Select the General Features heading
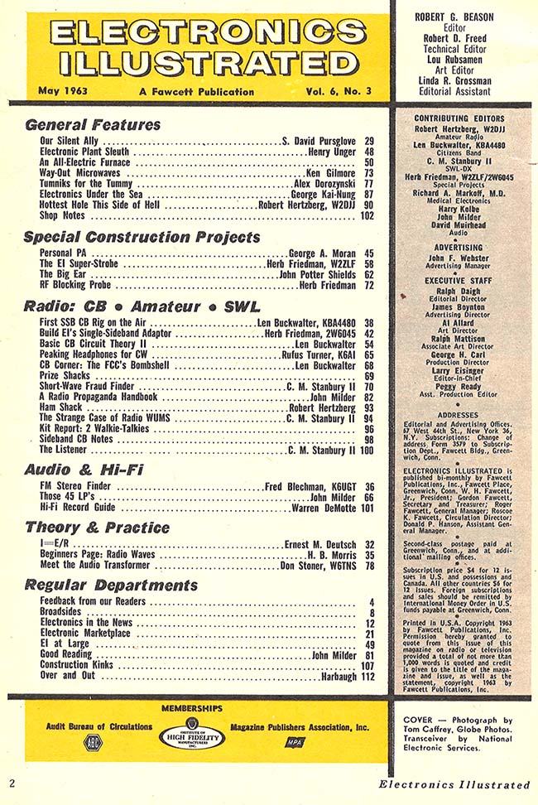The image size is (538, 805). (93, 125)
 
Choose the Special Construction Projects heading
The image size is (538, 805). (142, 237)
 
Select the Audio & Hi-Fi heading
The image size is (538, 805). (84, 470)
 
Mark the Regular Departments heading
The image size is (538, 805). (111, 585)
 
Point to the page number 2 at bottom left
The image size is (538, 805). (12, 783)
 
